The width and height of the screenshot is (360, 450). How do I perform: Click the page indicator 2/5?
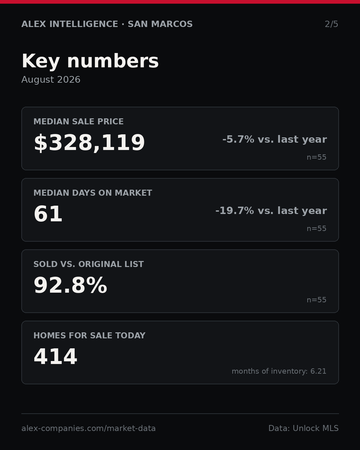[x=331, y=24]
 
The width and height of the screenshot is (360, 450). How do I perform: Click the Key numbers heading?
[x=90, y=61]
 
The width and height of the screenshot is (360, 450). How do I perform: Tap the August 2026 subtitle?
[x=51, y=80]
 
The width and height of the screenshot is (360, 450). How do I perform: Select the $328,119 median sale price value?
[x=89, y=143]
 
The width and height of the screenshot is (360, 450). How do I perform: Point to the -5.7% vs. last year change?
[x=275, y=139]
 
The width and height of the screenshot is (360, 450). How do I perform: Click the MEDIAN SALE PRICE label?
[x=78, y=121]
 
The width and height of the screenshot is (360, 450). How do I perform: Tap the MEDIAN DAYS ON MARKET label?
[x=93, y=193]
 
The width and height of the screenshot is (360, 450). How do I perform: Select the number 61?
[x=48, y=214]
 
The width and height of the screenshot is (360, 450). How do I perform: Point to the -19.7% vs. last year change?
[x=271, y=211]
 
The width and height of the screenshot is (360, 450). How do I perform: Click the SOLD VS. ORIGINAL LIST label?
[x=88, y=264]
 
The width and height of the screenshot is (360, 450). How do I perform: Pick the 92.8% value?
[x=70, y=285]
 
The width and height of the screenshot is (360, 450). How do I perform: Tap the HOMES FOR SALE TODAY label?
[x=89, y=335]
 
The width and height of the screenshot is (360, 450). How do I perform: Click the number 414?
[x=55, y=357]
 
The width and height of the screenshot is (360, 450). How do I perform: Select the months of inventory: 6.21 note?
[x=279, y=371]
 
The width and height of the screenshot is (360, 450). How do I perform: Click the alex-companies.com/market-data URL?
[x=88, y=428]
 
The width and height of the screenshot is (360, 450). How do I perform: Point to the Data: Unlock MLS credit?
[x=304, y=428]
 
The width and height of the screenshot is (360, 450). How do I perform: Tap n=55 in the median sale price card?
[x=316, y=157]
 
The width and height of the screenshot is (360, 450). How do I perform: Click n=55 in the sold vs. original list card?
[x=316, y=300]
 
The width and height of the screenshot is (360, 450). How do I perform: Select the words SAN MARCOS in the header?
[x=160, y=24]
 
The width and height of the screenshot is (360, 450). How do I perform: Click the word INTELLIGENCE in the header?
[x=84, y=24]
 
